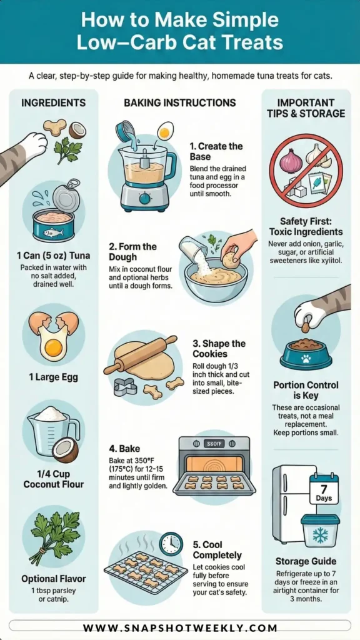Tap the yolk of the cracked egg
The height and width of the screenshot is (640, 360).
click(x=54, y=346)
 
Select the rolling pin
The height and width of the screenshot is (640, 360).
click(x=140, y=355)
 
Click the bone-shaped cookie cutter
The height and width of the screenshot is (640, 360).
click(x=124, y=387)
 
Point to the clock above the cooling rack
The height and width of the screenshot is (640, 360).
click(x=171, y=543)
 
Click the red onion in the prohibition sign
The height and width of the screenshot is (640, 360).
click(x=291, y=159)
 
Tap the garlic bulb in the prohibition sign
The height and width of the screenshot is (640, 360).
click(x=318, y=156)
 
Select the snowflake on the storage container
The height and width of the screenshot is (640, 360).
click(x=320, y=536)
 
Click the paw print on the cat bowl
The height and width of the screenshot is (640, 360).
click(x=306, y=359)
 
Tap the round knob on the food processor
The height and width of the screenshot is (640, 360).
click(x=145, y=199)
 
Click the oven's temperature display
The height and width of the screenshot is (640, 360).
click(x=214, y=444)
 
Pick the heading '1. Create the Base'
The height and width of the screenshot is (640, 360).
click(x=216, y=151)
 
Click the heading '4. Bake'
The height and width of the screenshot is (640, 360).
click(x=119, y=449)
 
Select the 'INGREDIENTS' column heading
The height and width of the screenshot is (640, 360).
click(x=54, y=102)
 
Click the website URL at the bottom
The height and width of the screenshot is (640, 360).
click(x=180, y=627)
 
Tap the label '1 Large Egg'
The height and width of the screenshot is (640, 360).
click(x=54, y=377)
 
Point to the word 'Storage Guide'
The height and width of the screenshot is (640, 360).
click(x=306, y=561)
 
